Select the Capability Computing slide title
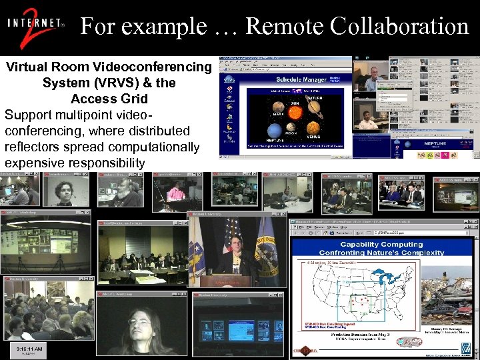pos(381,248)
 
